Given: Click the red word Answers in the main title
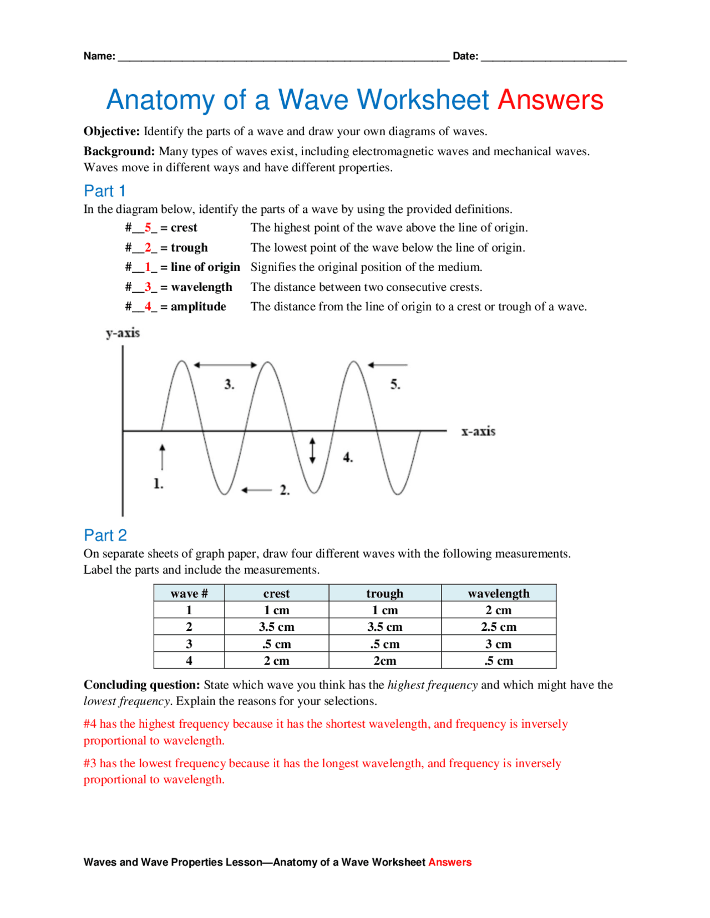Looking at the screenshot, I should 550,100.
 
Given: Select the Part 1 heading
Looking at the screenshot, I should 104,191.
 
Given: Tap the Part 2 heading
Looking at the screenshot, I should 105,535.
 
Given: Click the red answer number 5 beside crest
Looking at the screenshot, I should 148,228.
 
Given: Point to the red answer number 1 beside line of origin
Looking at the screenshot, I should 148,267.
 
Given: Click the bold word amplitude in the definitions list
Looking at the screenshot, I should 198,307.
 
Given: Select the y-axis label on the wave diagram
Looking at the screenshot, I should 123,333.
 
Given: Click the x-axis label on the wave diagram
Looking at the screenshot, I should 478,431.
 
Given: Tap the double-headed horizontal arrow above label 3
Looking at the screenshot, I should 225,365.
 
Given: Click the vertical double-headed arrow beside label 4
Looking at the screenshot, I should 312,450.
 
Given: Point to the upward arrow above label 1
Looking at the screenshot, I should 162,456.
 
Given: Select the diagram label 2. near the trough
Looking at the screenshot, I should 285,490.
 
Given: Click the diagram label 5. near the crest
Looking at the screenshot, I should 395,384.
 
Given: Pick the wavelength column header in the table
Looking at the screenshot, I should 498,593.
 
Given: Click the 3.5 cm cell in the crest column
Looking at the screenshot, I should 276,627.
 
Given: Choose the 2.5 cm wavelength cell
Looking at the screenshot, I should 498,627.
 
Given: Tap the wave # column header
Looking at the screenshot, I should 189,593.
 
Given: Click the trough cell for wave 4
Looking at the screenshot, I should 384,661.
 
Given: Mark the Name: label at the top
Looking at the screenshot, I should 99,56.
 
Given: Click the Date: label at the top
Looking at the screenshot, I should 465,56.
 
